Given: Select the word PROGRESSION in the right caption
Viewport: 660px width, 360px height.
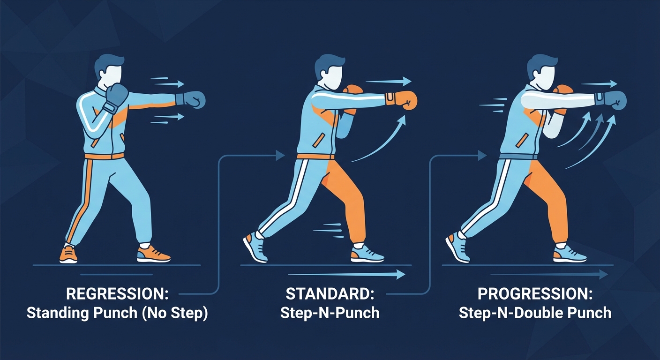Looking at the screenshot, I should point(535,295).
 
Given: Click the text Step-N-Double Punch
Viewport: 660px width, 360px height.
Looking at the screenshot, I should point(535,313).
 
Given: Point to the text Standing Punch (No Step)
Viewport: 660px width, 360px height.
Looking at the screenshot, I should point(117,313).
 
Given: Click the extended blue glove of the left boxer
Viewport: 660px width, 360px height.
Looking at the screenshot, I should point(192,99).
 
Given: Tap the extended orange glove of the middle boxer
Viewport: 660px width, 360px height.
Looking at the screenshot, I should point(404,99).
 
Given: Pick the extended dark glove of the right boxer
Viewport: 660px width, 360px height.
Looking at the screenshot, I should point(614,99).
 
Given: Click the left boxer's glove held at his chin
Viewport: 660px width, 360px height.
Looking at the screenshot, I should point(116,96).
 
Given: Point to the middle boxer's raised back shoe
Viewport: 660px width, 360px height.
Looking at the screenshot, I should point(255,247).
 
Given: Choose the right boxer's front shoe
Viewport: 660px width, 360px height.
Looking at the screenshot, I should point(569,255).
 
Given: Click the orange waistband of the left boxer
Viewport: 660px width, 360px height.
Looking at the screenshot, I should point(104,156).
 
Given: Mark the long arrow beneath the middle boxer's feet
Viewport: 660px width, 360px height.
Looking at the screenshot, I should point(347,274).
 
